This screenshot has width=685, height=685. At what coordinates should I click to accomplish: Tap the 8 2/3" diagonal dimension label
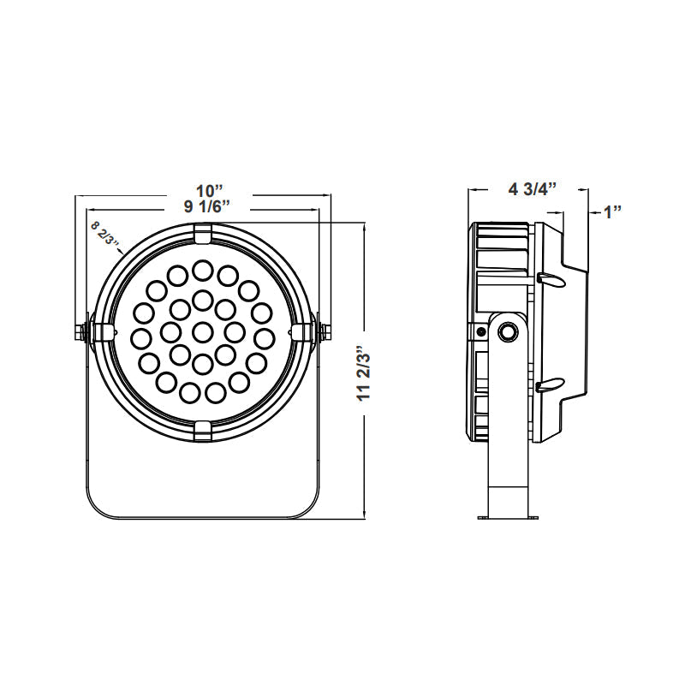[x=104, y=233]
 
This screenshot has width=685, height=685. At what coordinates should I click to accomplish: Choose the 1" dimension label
[x=611, y=211]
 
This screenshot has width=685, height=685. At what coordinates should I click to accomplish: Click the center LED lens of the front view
[x=202, y=331]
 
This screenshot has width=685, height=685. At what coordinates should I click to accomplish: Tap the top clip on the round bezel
[x=203, y=234]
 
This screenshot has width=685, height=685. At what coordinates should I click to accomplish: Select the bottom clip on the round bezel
[x=203, y=429]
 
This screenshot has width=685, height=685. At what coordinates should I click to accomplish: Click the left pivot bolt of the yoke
[x=83, y=331]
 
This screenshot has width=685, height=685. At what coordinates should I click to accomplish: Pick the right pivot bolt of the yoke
[x=323, y=331]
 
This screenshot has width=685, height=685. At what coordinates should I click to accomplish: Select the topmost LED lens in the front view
[x=202, y=271]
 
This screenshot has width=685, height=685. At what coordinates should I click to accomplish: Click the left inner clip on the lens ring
[x=104, y=331]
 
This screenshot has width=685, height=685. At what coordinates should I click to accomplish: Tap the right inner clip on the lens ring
[x=301, y=331]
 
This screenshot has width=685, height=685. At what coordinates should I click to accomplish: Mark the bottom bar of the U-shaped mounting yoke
[x=203, y=515]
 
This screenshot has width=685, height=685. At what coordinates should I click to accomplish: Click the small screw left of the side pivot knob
[x=482, y=331]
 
